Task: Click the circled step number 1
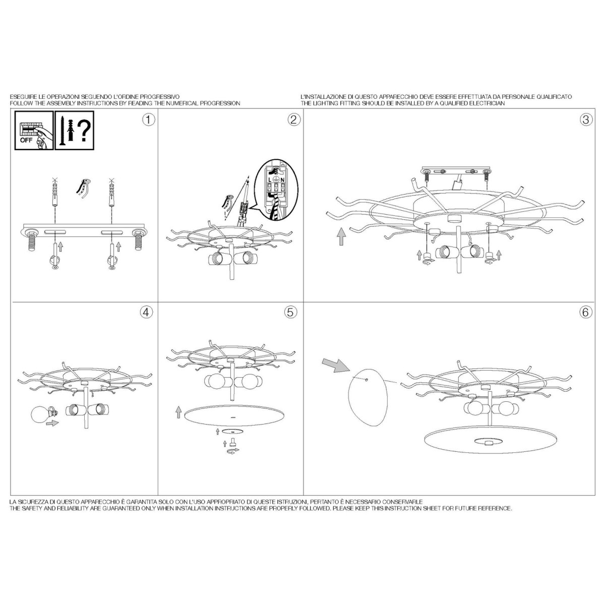149,120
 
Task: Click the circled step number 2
293,120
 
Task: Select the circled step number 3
585,119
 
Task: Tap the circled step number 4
147,312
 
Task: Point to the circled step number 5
290,312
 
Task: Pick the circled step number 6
585,312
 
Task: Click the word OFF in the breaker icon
26,141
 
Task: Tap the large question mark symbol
84,131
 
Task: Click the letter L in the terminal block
270,180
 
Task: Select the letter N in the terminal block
282,180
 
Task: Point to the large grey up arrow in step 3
341,237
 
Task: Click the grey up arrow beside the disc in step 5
178,412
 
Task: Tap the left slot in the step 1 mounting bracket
55,232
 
